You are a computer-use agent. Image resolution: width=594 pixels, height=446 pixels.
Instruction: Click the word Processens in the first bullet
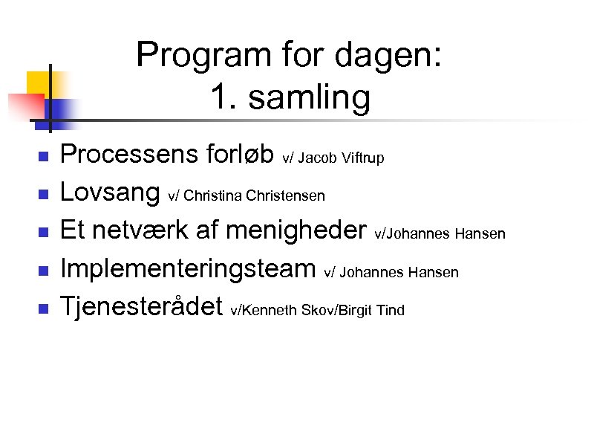[x=128, y=155]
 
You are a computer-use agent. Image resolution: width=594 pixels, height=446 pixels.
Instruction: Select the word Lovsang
[x=111, y=195]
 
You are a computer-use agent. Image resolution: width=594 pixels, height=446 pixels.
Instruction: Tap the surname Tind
[x=391, y=310]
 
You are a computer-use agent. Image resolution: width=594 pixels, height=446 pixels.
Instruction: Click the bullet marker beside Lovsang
[x=43, y=195]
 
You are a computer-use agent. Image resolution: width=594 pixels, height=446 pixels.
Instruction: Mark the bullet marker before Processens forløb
[x=43, y=157]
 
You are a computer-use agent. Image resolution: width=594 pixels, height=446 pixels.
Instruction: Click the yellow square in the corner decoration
[x=39, y=80]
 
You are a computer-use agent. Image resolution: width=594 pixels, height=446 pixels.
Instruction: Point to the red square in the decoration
[x=22, y=105]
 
